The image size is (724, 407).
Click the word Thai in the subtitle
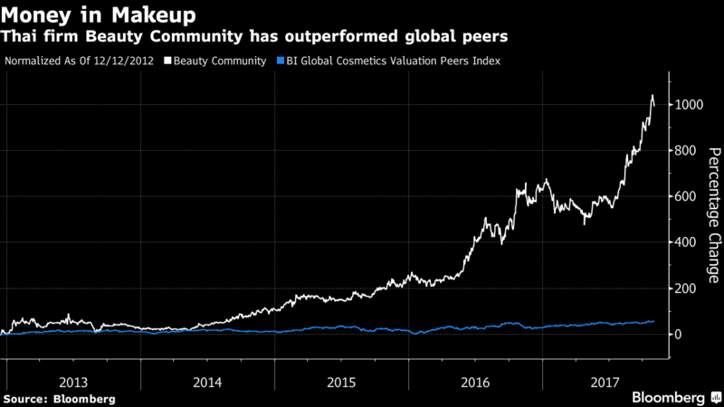pyautogui.click(x=21, y=38)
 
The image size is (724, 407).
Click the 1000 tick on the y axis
pyautogui.click(x=690, y=105)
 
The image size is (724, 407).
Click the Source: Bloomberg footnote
pyautogui.click(x=60, y=398)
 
